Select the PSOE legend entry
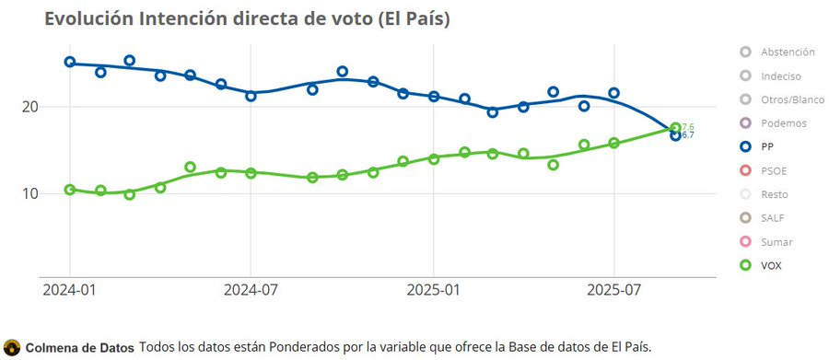tap(773, 170)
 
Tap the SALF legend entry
tap(772, 218)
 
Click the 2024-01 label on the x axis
tap(70, 291)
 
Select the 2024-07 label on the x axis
tap(251, 291)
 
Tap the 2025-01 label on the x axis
tap(433, 291)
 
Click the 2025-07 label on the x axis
tap(614, 291)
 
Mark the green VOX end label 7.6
tap(687, 127)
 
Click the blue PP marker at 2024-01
tap(70, 62)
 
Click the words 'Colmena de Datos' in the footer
tap(79, 347)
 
